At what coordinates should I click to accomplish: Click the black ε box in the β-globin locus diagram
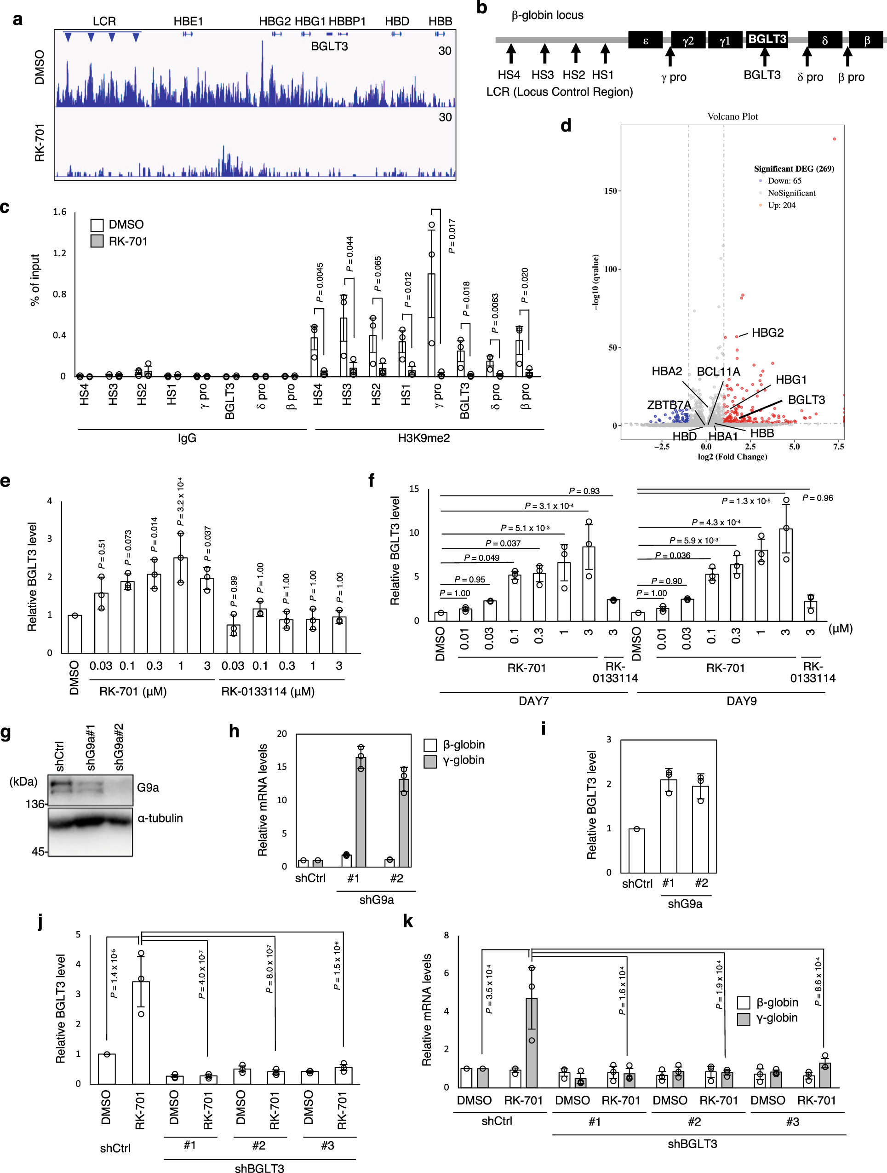pyautogui.click(x=645, y=40)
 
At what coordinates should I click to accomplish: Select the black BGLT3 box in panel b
pyautogui.click(x=767, y=39)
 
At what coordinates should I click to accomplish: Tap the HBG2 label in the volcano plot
pyautogui.click(x=767, y=333)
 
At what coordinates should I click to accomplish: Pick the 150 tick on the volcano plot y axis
pyautogui.click(x=610, y=191)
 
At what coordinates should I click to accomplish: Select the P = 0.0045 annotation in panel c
pyautogui.click(x=319, y=282)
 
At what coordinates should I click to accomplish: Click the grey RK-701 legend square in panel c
pyautogui.click(x=97, y=241)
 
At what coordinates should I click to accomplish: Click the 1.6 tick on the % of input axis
pyautogui.click(x=59, y=212)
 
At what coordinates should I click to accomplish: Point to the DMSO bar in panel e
pyautogui.click(x=75, y=634)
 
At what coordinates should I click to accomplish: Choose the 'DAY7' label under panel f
pyautogui.click(x=533, y=701)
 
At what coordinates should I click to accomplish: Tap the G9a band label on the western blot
pyautogui.click(x=148, y=788)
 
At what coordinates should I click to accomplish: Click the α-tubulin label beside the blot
pyautogui.click(x=160, y=818)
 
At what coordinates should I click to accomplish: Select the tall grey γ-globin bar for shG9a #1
pyautogui.click(x=361, y=811)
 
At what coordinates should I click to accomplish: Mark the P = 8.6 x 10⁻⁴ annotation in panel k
pyautogui.click(x=818, y=981)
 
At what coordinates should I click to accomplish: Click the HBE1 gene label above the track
pyautogui.click(x=188, y=21)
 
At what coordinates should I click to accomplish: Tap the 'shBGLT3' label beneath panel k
pyautogui.click(x=692, y=1144)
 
